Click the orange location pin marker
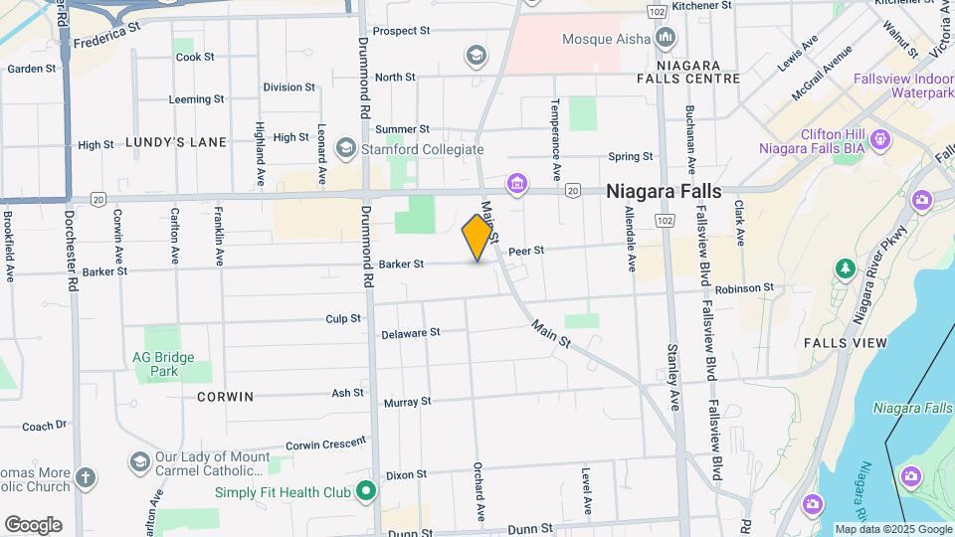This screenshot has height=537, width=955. click(x=477, y=237)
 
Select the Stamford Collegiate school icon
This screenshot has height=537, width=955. click(x=346, y=149)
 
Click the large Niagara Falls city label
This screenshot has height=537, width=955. click(x=665, y=192)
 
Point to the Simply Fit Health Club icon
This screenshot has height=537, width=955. click(x=366, y=491)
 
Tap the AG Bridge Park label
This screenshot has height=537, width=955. click(x=163, y=364)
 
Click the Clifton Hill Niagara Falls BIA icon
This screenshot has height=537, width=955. click(x=879, y=140)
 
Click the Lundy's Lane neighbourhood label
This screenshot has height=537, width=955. click(x=176, y=142)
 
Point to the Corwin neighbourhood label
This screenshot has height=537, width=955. click(x=225, y=396)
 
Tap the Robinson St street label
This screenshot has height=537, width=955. click(x=743, y=288)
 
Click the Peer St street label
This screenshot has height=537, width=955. click(x=526, y=252)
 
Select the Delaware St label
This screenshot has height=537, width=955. click(x=410, y=333)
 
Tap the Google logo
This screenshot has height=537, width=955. click(x=33, y=524)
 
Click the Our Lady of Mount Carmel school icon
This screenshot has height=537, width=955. click(x=139, y=462)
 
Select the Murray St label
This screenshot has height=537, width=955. click(x=407, y=402)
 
